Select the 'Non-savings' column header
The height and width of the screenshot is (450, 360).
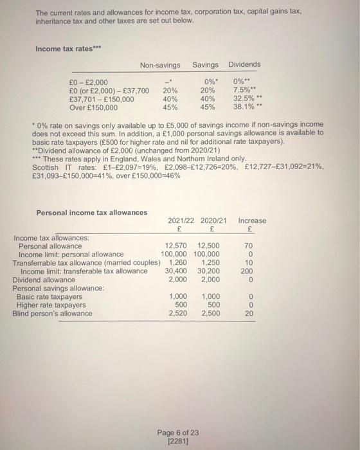[x=161, y=65]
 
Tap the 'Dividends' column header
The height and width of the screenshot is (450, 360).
[x=244, y=65]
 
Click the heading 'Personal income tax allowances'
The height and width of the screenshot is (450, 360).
[x=92, y=212]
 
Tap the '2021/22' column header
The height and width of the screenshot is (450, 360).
[x=181, y=221]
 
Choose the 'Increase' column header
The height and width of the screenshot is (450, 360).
[x=251, y=221]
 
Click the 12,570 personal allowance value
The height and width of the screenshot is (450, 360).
[x=177, y=246]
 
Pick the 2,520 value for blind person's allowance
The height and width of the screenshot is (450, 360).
[x=178, y=314]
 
